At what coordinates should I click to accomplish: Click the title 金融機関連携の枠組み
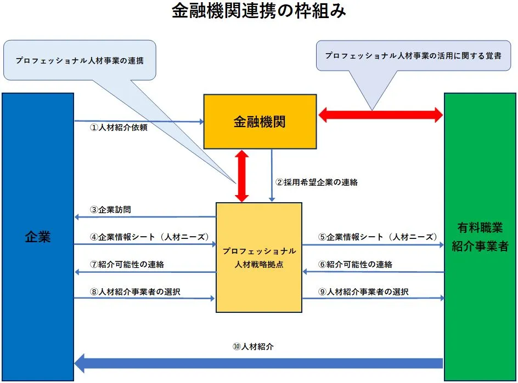(259, 12)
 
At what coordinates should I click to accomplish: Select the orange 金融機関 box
(260, 122)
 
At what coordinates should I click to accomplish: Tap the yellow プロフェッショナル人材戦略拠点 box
(259, 258)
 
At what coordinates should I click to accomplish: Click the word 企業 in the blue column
(38, 237)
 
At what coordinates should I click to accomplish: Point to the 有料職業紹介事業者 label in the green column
(480, 237)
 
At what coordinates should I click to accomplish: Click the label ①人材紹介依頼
(119, 128)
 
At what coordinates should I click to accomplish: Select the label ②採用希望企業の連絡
(316, 182)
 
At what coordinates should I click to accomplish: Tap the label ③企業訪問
(110, 209)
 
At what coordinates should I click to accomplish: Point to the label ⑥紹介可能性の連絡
(356, 264)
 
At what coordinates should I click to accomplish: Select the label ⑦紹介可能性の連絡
(127, 264)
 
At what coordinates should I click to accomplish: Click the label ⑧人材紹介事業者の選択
(135, 292)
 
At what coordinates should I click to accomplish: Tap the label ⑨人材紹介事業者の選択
(363, 292)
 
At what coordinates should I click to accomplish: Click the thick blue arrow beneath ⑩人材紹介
(258, 363)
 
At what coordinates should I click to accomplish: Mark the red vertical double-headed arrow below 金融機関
(241, 176)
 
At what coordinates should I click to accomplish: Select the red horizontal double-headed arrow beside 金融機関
(380, 115)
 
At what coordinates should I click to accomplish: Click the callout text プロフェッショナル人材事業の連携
(80, 61)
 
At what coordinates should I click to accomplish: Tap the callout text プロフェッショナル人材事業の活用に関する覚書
(413, 55)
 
